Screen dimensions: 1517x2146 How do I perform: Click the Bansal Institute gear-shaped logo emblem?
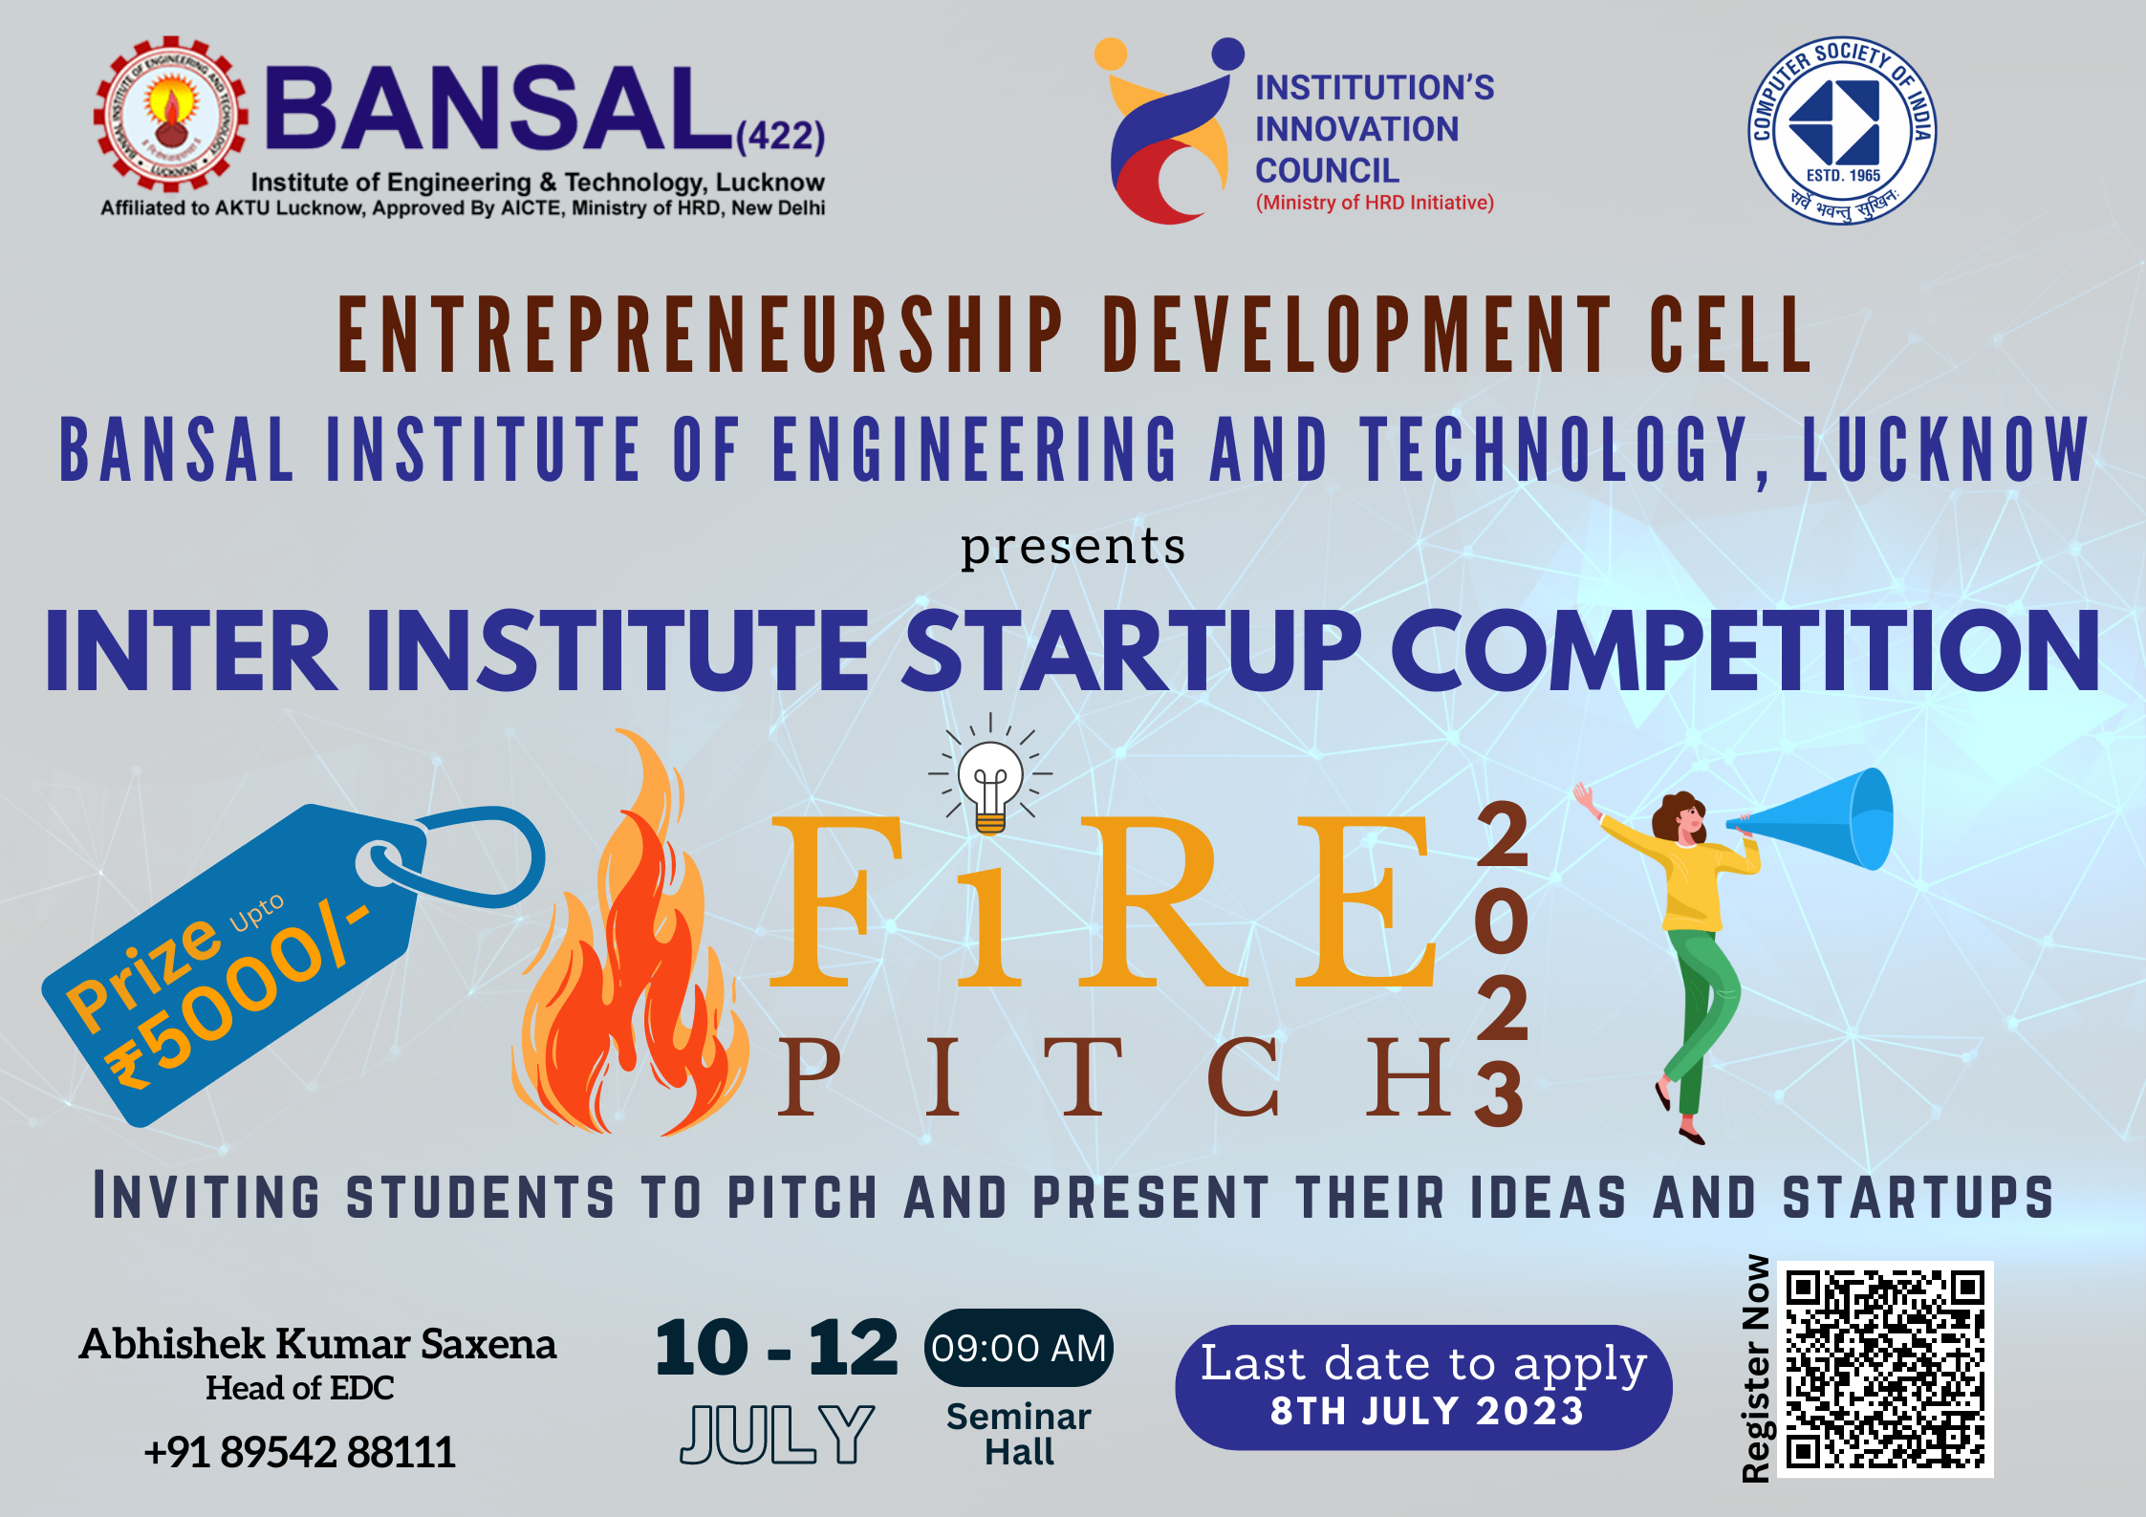(x=170, y=115)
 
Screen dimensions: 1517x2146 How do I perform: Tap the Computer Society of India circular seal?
(x=1841, y=130)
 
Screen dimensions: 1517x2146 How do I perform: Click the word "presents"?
(x=1073, y=547)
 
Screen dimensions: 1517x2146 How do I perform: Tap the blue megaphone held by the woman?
(x=1816, y=819)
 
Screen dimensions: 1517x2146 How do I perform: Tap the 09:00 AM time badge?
(x=1018, y=1348)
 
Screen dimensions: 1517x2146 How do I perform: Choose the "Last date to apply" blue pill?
(x=1423, y=1386)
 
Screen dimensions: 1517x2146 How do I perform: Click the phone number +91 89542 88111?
(x=299, y=1452)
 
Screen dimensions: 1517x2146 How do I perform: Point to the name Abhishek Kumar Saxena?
(x=317, y=1344)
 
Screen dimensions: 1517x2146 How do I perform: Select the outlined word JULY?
(x=776, y=1434)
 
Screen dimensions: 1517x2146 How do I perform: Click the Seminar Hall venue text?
(x=1019, y=1434)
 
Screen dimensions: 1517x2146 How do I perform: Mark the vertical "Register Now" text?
(x=1756, y=1369)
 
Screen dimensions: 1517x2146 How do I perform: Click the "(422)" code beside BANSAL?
(x=780, y=136)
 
